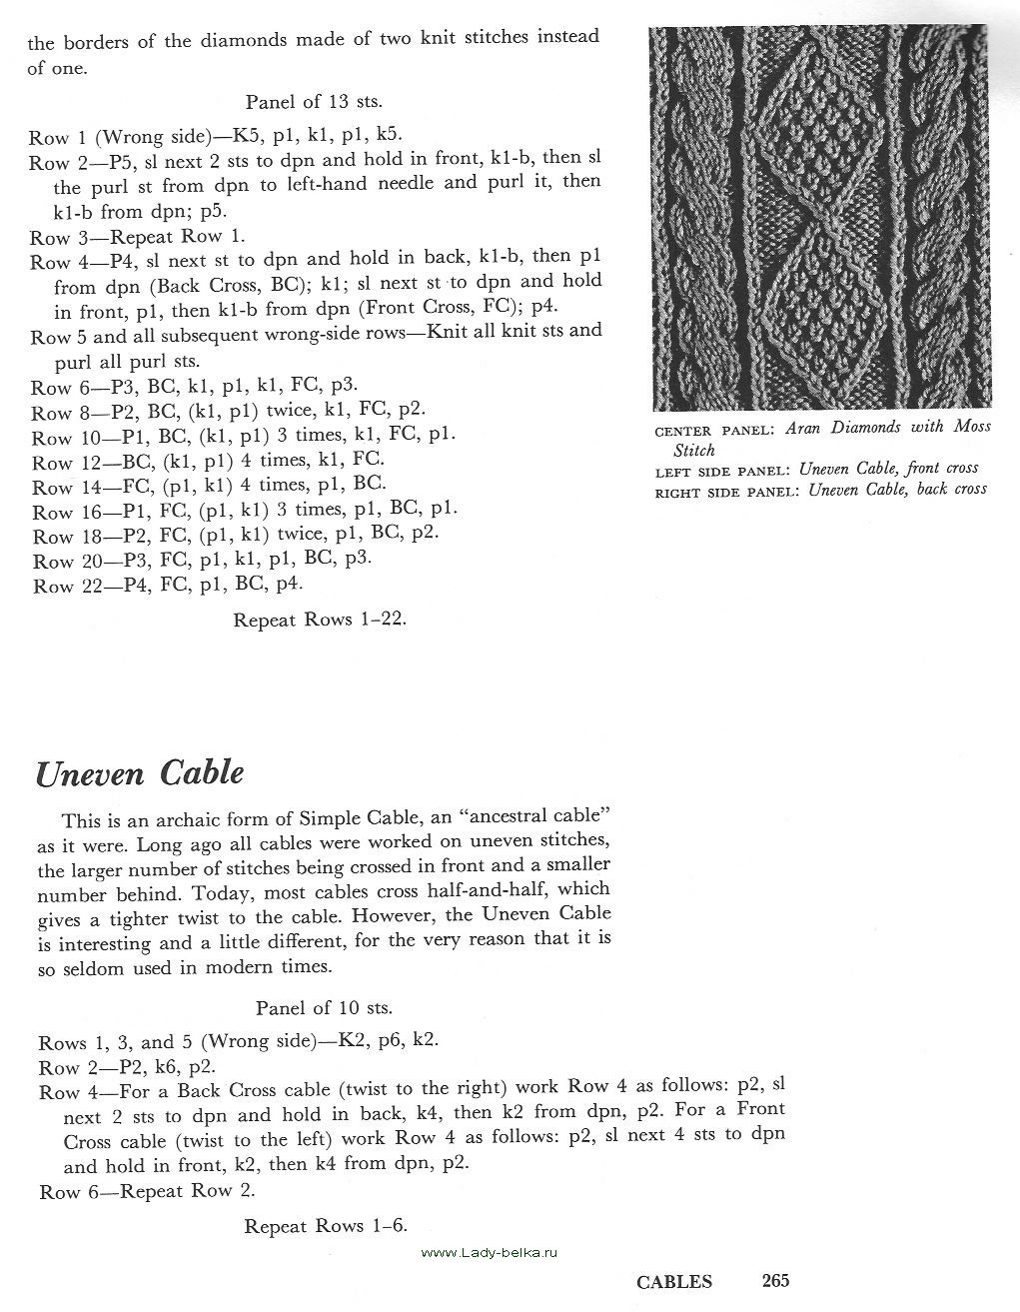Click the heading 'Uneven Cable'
click(x=140, y=773)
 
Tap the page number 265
click(x=775, y=1280)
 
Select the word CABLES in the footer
click(x=674, y=1282)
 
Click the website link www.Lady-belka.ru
click(x=495, y=1252)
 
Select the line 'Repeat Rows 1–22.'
click(x=320, y=620)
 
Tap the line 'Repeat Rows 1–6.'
click(x=326, y=1226)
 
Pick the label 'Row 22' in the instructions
click(x=53, y=587)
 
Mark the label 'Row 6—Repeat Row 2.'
click(x=147, y=1191)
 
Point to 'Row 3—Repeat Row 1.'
click(x=137, y=237)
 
